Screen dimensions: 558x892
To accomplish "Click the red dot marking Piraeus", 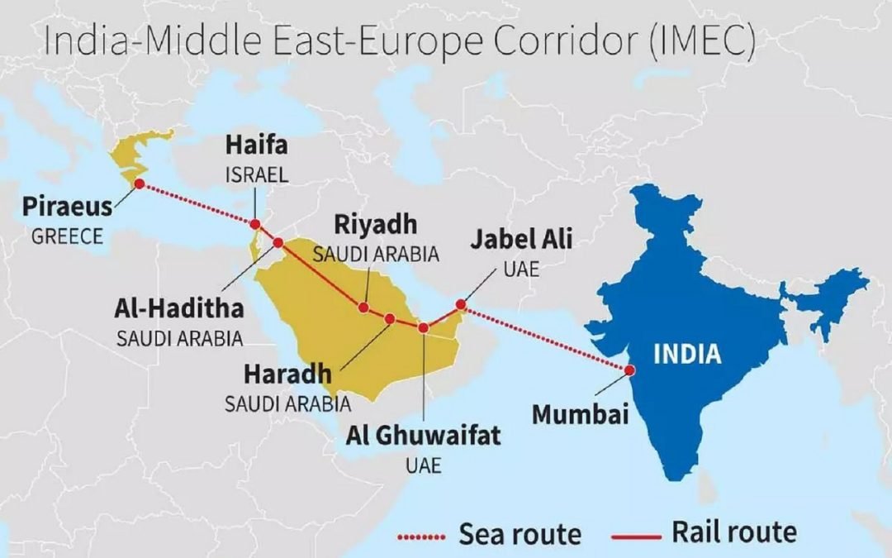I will [140, 184].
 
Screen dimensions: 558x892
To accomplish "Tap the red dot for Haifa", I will [255, 224].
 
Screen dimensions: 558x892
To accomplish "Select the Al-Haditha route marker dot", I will [278, 243].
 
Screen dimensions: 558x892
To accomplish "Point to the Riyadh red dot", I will [363, 308].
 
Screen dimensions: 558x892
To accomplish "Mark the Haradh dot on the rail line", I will [390, 318].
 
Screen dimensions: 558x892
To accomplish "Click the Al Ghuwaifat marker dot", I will [424, 328].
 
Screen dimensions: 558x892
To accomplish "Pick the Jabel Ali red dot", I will [461, 304].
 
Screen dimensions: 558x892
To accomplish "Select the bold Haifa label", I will [257, 147].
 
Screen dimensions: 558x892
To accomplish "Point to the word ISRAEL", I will [257, 175].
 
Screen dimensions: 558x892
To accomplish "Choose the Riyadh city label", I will [376, 225].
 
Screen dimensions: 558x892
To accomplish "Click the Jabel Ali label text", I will [521, 241].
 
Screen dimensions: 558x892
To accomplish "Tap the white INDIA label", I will [687, 355].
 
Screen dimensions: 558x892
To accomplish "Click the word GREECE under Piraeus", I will [68, 236].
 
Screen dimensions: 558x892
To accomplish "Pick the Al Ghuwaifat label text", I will [424, 436].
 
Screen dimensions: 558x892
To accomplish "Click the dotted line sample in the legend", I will [422, 537].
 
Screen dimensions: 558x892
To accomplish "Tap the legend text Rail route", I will [734, 532].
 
